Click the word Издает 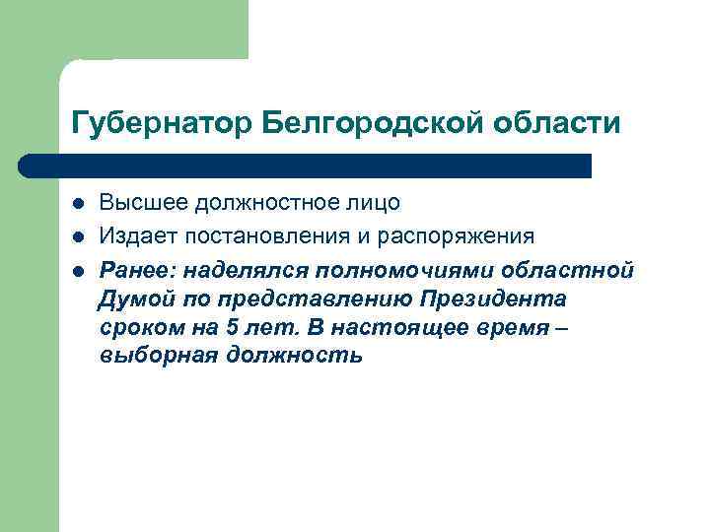pyautogui.click(x=136, y=236)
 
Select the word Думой pyautogui.click(x=130, y=299)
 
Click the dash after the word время pyautogui.click(x=562, y=327)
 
